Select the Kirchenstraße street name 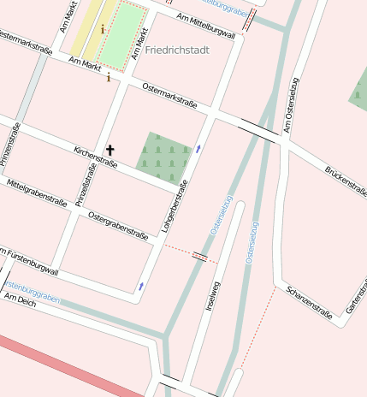(96, 154)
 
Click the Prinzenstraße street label (9, 143)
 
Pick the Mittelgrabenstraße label (36, 193)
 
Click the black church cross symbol (110, 150)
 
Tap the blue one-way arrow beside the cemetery (198, 149)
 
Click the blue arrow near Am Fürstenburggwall (141, 287)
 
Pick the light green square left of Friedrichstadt (121, 34)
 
